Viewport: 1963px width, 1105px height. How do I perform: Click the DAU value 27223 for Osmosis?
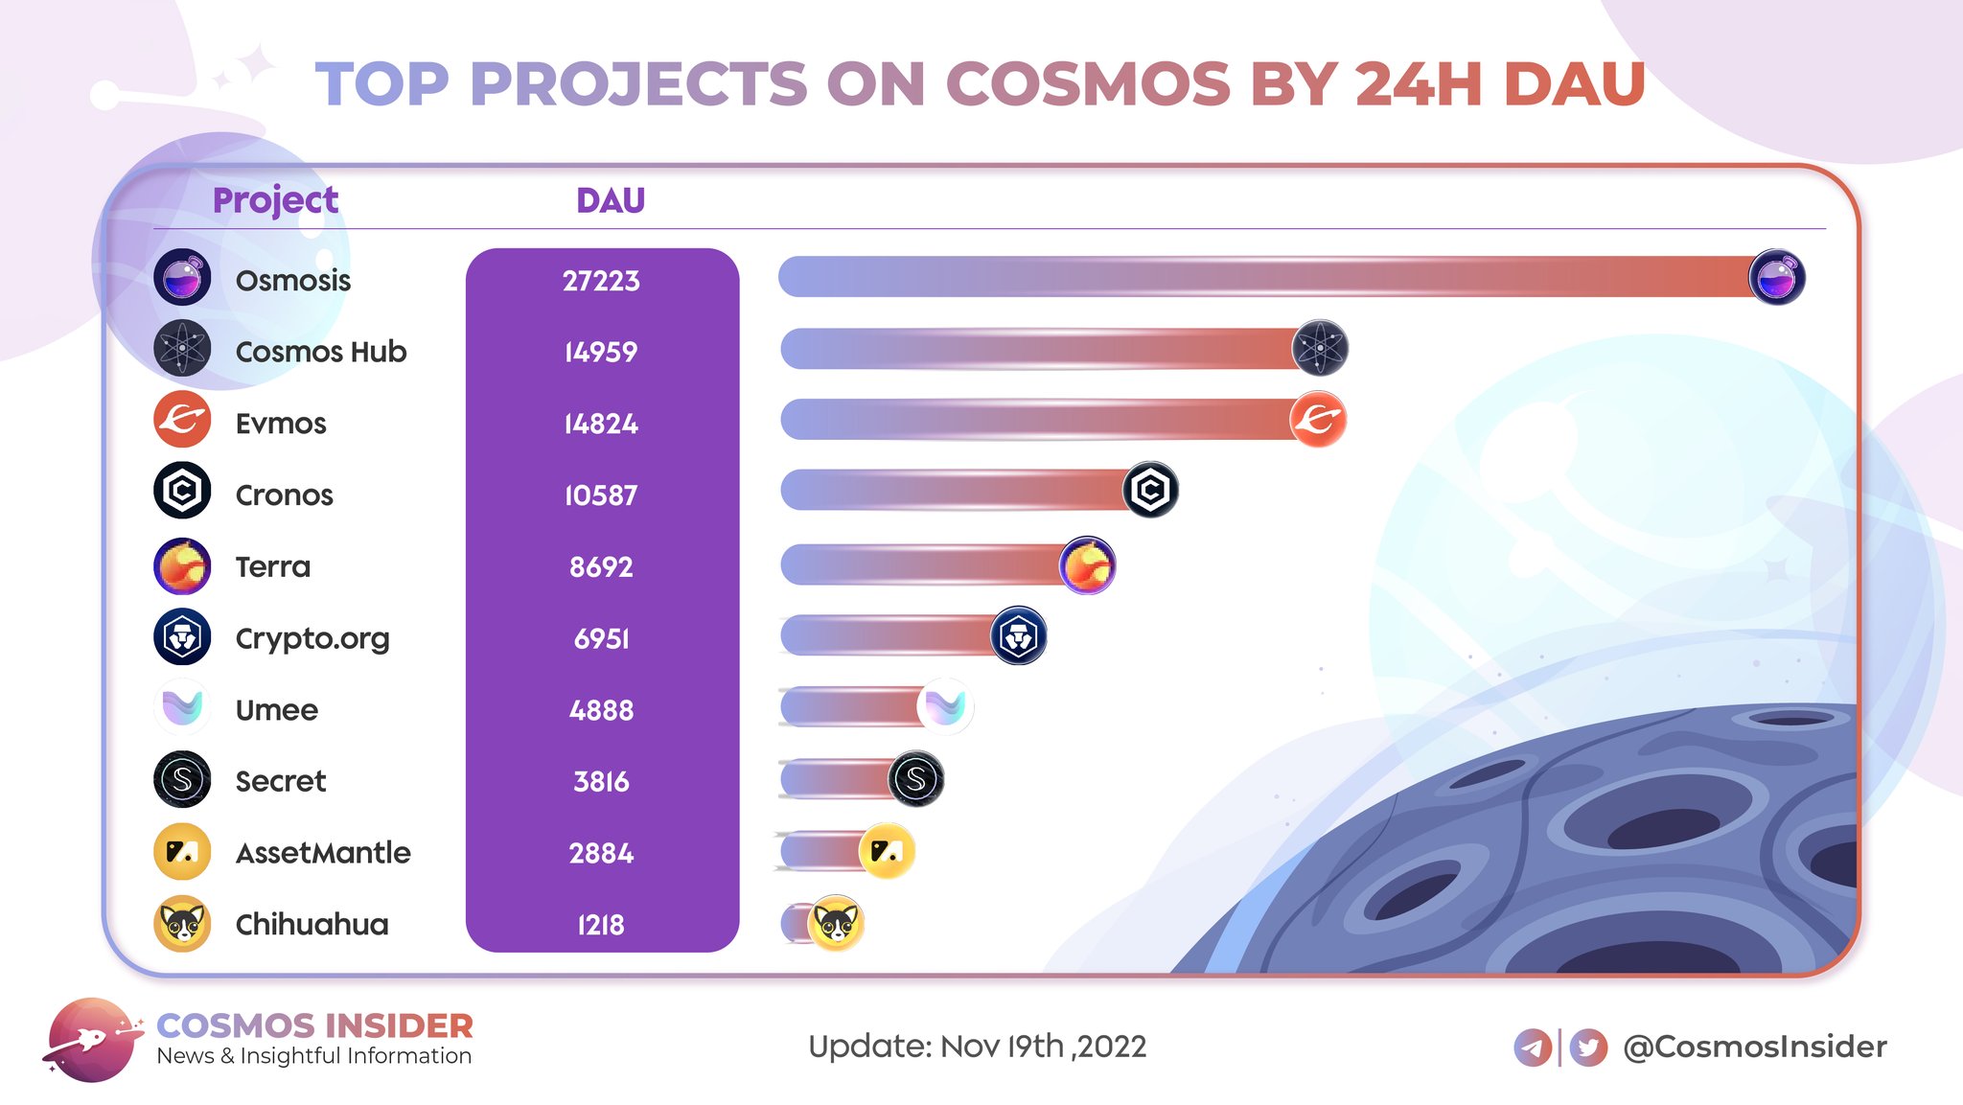click(601, 281)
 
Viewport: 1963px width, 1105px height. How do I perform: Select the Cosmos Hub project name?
click(321, 352)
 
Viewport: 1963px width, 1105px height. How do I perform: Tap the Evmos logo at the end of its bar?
click(1318, 419)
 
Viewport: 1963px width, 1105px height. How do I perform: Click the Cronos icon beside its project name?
click(182, 491)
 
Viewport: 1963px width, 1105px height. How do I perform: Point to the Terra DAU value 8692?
click(601, 566)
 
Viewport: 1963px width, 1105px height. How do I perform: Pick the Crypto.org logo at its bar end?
click(1018, 635)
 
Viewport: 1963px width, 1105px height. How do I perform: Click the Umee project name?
click(277, 710)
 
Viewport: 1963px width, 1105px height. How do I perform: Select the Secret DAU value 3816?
click(601, 781)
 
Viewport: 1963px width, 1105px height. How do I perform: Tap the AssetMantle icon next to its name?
click(182, 851)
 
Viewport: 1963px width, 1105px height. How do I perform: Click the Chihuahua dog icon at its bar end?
click(836, 923)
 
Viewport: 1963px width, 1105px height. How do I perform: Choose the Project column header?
click(275, 200)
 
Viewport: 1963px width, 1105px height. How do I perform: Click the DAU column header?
click(611, 200)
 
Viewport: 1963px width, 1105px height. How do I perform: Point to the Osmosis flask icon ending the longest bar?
click(1777, 277)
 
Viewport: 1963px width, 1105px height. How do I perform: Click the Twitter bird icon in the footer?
click(1588, 1047)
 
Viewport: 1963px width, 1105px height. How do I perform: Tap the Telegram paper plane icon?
click(1533, 1047)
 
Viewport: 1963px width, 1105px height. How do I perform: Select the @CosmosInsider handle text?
click(1755, 1047)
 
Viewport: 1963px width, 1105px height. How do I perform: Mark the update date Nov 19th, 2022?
click(1043, 1047)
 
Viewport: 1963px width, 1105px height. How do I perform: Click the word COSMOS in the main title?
click(1088, 83)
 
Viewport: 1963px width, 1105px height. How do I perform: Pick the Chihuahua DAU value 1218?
click(601, 925)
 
